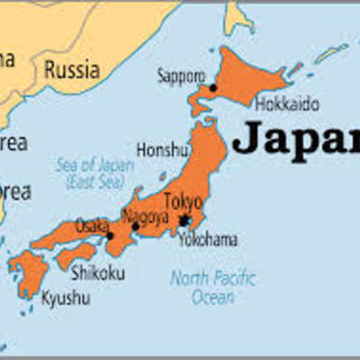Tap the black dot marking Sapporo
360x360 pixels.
coord(213,87)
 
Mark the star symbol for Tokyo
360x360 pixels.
coord(184,220)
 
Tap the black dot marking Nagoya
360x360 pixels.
coord(135,227)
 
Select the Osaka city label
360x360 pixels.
coord(92,223)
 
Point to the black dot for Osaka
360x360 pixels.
coord(110,237)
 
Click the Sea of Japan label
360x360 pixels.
coord(87,172)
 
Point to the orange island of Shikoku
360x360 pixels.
coord(76,256)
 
